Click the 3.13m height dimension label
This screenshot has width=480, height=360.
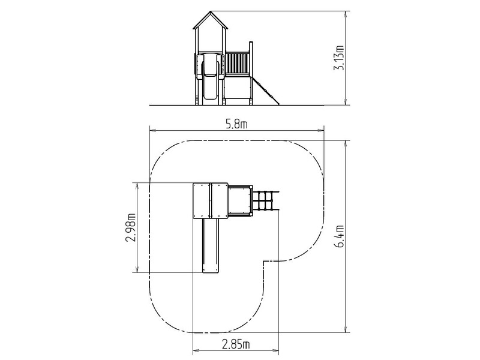point(339,58)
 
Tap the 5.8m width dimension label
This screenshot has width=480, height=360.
point(236,124)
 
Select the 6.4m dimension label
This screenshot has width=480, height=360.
point(339,236)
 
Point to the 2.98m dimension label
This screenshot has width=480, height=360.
point(130,227)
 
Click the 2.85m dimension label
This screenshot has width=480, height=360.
point(236,344)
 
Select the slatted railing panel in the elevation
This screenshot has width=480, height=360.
point(238,64)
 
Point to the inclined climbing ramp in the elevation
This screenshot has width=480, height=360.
point(265,91)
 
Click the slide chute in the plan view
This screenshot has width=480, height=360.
point(211,245)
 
